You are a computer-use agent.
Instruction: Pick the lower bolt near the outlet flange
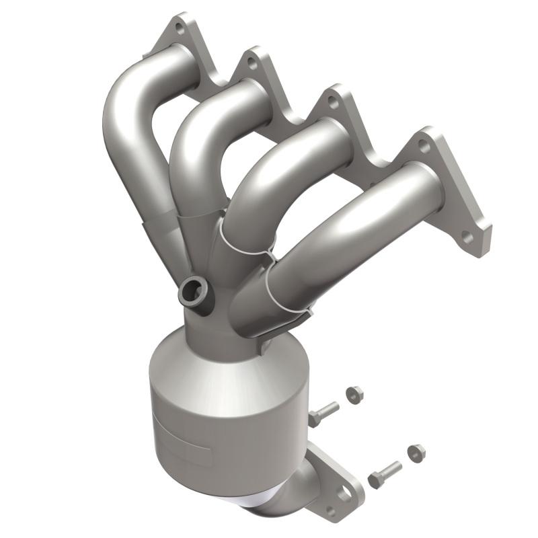pos(384,474)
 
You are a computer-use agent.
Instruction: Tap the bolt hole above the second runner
pos(252,63)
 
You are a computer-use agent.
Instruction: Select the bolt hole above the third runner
pos(332,102)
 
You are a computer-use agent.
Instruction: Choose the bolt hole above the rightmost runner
pos(423,143)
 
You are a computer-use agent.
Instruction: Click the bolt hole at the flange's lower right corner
pos(468,237)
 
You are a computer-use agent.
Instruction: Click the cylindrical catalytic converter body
pos(222,417)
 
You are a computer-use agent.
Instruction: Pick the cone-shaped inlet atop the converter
pos(215,356)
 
